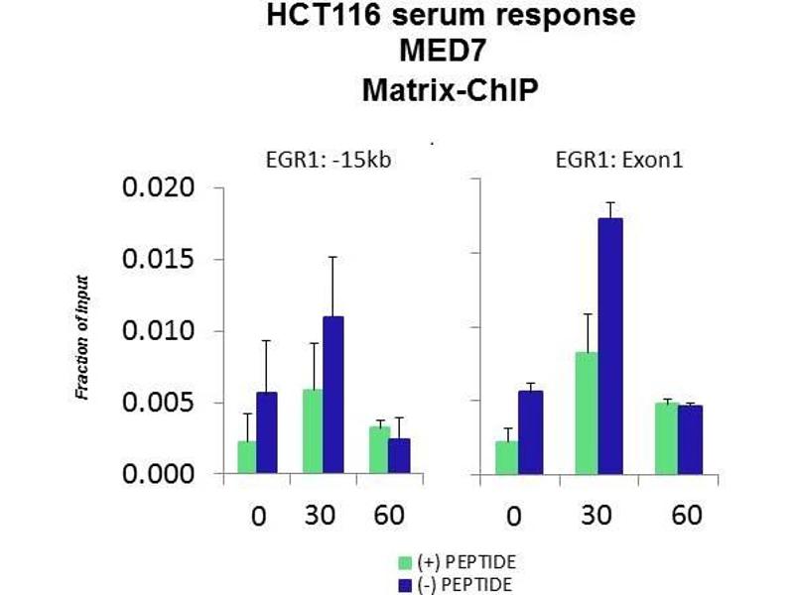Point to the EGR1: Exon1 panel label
(583, 158)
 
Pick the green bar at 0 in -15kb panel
(246, 457)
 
